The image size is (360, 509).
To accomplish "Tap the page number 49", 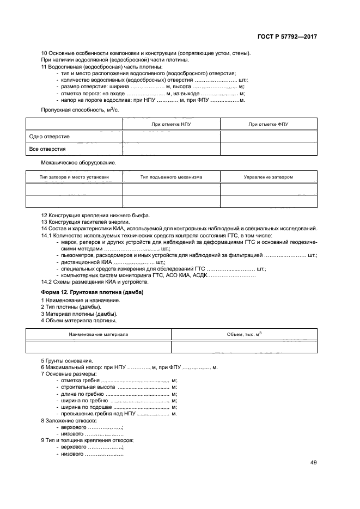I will pyautogui.click(x=313, y=463).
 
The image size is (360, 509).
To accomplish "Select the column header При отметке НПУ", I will pyautogui.click(x=171, y=124).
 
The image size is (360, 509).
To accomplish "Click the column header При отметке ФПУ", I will pyautogui.click(x=268, y=124).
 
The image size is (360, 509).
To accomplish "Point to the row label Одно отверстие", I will pyautogui.click(x=50, y=136).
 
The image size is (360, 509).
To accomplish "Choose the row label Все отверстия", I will pyautogui.click(x=48, y=149).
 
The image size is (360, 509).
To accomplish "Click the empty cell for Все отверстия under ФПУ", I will pyautogui.click(x=268, y=149).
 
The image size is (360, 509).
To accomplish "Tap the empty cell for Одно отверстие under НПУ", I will pyautogui.click(x=171, y=136).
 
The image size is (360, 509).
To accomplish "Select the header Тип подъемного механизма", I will pyautogui.click(x=171, y=177).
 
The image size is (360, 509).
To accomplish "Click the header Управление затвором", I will pyautogui.click(x=268, y=177).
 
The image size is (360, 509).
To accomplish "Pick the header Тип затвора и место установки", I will pyautogui.click(x=74, y=177).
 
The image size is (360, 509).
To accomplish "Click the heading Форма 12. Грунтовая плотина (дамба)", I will pyautogui.click(x=92, y=292).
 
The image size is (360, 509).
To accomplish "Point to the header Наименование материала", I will pyautogui.click(x=99, y=334).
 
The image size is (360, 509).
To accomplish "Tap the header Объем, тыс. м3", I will pyautogui.click(x=244, y=334).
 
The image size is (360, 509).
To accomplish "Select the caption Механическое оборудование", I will pyautogui.click(x=78, y=162).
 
